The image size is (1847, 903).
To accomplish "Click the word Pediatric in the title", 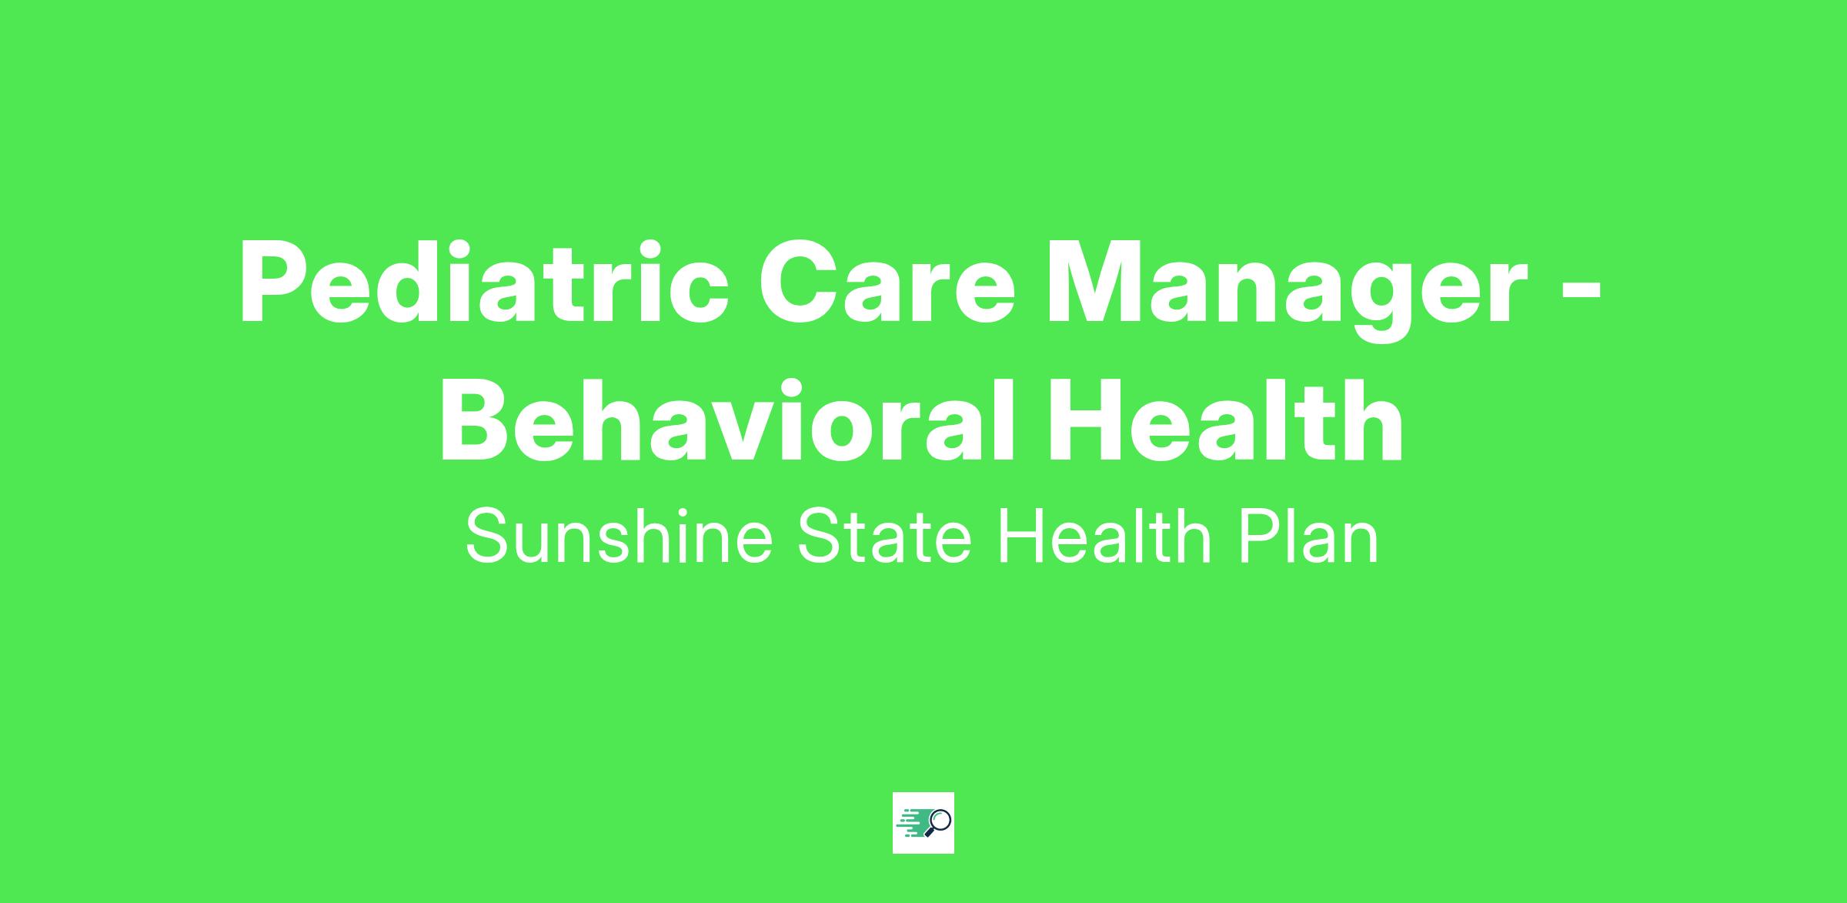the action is pos(484,283).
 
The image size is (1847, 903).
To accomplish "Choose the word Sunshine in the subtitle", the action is pos(619,537).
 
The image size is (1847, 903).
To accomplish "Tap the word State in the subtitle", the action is pos(884,537).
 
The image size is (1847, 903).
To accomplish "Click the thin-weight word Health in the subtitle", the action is pos(1105,537).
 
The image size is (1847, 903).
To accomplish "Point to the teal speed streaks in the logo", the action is pos(912,822).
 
